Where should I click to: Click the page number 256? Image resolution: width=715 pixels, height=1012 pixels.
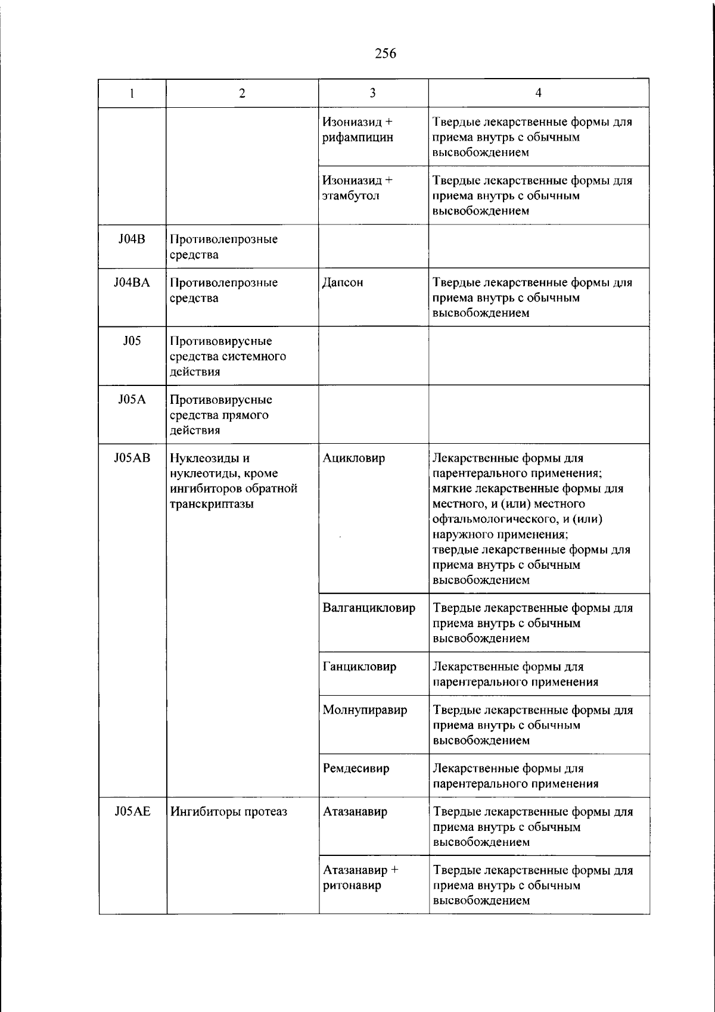[x=386, y=54]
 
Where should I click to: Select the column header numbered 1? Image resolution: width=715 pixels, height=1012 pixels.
[x=132, y=93]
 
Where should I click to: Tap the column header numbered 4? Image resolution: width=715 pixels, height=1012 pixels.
[x=538, y=93]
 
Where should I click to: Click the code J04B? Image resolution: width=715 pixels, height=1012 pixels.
[x=132, y=239]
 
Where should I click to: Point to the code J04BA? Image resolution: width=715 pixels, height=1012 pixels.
[x=132, y=283]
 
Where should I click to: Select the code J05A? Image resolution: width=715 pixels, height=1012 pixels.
[x=132, y=400]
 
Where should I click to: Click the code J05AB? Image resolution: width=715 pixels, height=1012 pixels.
[x=132, y=458]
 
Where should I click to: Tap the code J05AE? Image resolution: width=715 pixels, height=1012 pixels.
[x=132, y=811]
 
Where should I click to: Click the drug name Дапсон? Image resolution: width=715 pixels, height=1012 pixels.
[x=343, y=283]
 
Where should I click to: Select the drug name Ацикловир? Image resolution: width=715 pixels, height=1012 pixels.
[x=354, y=458]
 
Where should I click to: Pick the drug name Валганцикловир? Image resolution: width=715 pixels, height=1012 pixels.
[x=369, y=608]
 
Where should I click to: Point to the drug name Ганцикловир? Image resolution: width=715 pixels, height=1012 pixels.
[x=359, y=667]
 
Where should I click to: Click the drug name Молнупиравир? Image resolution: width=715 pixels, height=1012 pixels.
[x=365, y=710]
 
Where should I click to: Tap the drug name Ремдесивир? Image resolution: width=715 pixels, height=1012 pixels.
[x=356, y=768]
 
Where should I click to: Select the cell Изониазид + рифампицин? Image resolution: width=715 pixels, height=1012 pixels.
[x=357, y=129]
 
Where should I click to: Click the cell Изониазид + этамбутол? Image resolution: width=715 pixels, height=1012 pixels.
[x=357, y=188]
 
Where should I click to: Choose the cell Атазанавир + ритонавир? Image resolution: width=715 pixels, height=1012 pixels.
[x=360, y=877]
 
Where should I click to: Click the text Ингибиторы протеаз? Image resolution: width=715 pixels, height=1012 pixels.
[x=229, y=811]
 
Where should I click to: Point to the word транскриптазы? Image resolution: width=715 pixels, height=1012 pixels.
[x=212, y=505]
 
